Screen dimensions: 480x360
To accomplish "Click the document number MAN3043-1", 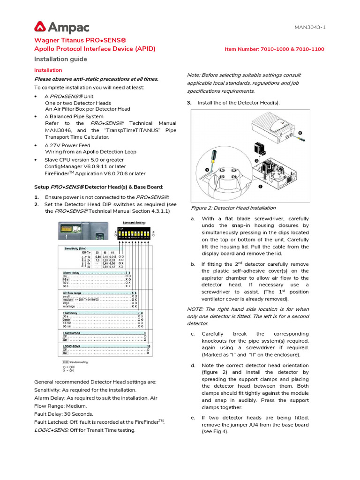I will (x=310, y=27).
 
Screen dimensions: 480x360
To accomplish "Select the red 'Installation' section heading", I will (x=48, y=70).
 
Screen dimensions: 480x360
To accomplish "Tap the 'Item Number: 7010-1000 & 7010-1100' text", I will (x=274, y=49).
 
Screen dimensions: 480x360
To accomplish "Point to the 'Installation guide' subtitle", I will (x=60, y=59).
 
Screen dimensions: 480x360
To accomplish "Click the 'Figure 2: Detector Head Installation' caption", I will (x=233, y=208).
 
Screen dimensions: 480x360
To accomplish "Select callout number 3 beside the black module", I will (x=256, y=160).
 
